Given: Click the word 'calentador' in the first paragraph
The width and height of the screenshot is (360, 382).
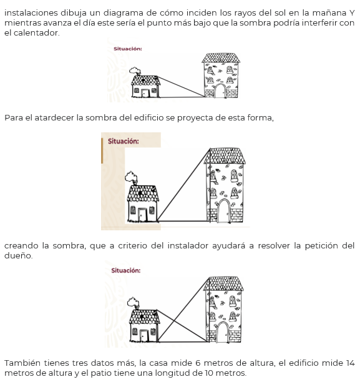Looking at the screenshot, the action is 36,32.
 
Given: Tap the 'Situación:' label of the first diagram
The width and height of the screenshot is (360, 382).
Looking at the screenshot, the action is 128,49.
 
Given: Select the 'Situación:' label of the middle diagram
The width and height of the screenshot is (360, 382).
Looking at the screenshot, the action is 124,141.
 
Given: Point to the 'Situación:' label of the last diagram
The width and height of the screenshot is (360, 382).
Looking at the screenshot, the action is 126,270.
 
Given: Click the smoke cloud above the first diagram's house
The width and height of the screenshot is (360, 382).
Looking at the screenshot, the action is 135,71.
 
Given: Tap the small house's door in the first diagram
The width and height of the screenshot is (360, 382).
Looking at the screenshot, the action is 145,93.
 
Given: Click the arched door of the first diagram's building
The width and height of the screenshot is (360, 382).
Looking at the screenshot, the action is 221,91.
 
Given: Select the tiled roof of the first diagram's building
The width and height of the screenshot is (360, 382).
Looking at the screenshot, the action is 221,58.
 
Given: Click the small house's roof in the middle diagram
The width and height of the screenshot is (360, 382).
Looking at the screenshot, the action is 143,193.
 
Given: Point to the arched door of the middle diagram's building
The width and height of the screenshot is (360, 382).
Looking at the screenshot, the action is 224,211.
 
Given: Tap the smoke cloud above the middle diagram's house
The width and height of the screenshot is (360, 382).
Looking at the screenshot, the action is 131,177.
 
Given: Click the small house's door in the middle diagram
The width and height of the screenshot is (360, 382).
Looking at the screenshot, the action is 142,214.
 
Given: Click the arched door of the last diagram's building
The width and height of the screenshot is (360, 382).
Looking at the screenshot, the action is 222,332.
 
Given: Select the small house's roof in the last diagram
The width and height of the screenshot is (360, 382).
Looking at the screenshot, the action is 145,316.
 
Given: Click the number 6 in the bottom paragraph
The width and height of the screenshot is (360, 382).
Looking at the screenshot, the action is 198,363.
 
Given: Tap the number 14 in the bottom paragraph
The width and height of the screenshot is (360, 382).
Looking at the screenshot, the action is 350,363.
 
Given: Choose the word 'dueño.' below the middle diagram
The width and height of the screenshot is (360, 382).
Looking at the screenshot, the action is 19,255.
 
